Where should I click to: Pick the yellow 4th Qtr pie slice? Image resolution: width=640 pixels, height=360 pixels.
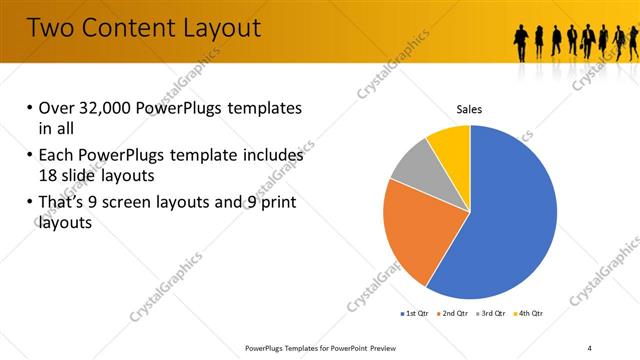tap(451, 146)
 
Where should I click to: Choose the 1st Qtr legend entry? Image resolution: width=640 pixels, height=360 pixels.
tap(417, 314)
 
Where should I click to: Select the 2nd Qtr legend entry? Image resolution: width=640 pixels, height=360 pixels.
tap(457, 314)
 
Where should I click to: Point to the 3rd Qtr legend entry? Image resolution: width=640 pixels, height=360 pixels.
tap(495, 314)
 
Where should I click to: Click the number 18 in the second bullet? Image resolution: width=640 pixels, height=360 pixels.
tap(49, 175)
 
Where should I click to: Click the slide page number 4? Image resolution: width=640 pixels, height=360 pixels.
tap(590, 347)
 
